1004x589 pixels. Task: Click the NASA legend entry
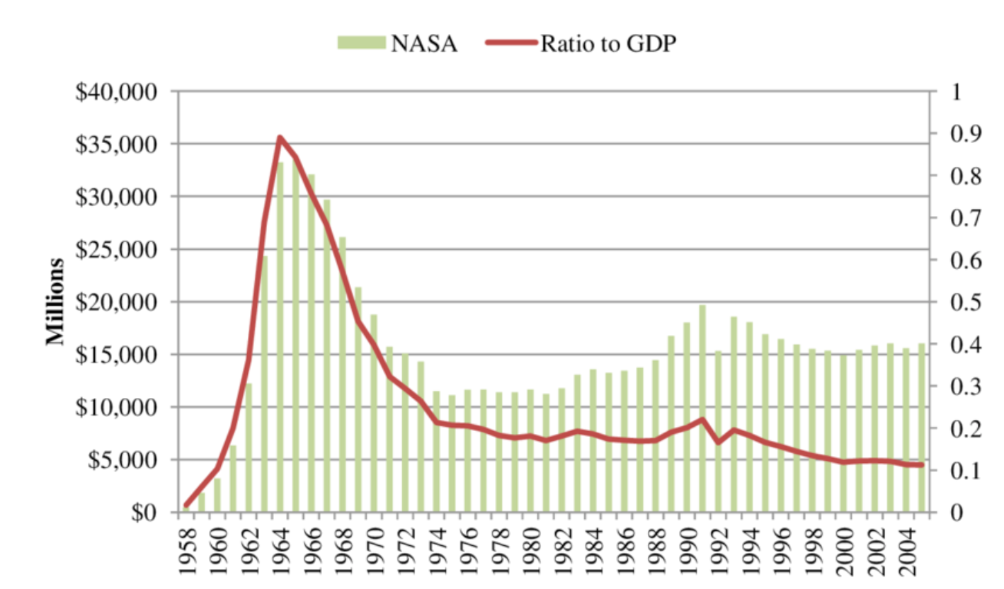398,43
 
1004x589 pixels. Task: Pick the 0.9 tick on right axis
957,135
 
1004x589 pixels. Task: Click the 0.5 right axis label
957,302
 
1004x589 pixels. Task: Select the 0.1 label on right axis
957,471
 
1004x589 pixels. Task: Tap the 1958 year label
187,549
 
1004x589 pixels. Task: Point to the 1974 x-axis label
438,549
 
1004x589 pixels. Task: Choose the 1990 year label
688,549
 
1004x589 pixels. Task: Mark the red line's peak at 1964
280,137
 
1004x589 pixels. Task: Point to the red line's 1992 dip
719,442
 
